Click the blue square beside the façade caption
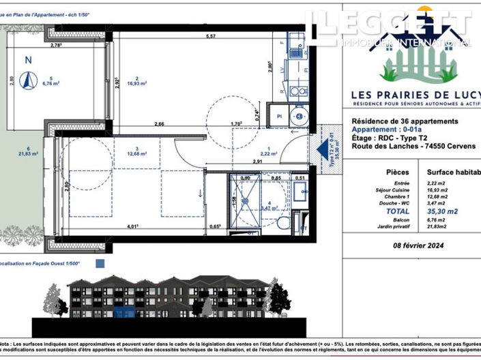[100, 262]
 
